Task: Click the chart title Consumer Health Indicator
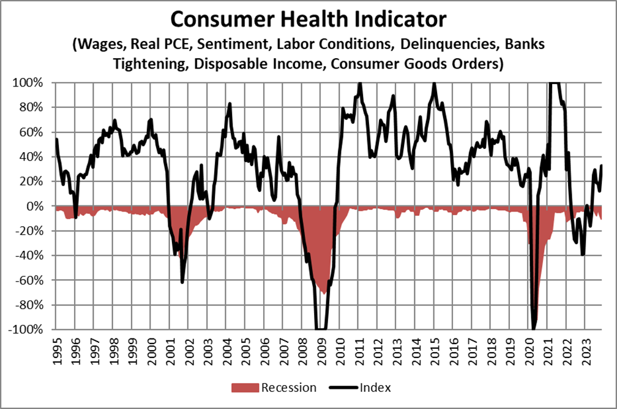tap(308, 20)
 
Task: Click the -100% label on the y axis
tap(25, 329)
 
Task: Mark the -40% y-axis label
tap(28, 256)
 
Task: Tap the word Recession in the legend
tap(288, 388)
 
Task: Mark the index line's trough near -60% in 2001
tap(182, 282)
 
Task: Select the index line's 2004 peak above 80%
tap(230, 104)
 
